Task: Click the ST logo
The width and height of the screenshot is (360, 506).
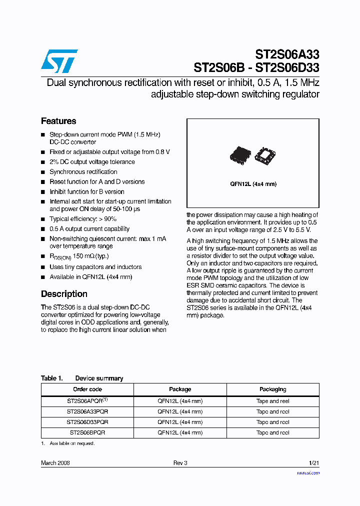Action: pyautogui.click(x=59, y=61)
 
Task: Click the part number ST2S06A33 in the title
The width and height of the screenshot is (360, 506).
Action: pyautogui.click(x=287, y=54)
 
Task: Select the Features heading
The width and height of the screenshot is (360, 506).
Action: pyautogui.click(x=58, y=121)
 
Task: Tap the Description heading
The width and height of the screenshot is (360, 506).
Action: pyautogui.click(x=64, y=294)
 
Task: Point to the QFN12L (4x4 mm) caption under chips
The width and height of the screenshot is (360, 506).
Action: pyautogui.click(x=253, y=184)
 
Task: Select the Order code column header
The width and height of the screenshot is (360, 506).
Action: pyautogui.click(x=87, y=389)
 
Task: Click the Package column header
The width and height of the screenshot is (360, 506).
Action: pyautogui.click(x=180, y=389)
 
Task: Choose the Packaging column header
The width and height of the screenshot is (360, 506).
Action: pyautogui.click(x=272, y=389)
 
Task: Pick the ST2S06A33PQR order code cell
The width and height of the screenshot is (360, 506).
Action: pyautogui.click(x=87, y=411)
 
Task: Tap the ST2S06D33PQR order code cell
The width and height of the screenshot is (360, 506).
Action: pyautogui.click(x=87, y=422)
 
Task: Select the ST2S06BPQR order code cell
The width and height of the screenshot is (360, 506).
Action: pyautogui.click(x=87, y=432)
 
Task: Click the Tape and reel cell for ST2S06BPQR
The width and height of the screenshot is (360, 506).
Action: pyautogui.click(x=272, y=432)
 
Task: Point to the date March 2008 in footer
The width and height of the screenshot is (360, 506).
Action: pyautogui.click(x=55, y=463)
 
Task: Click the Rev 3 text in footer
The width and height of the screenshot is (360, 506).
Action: pyautogui.click(x=180, y=463)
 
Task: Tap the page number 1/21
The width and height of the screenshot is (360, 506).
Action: pyautogui.click(x=313, y=463)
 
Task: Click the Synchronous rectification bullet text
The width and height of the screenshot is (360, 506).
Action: pyautogui.click(x=83, y=171)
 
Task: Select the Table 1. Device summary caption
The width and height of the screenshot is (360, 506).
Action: pyautogui.click(x=82, y=378)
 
